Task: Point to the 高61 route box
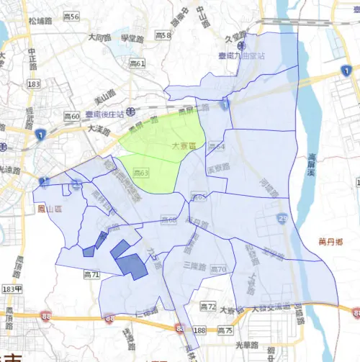click(x=138, y=64)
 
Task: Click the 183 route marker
click(x=32, y=84)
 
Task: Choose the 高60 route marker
click(x=71, y=115)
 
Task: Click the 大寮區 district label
click(x=185, y=146)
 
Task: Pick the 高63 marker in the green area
click(x=141, y=173)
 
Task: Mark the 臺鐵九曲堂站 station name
click(x=243, y=55)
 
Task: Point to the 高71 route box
click(x=91, y=274)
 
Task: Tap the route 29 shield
click(x=282, y=218)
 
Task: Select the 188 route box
click(x=200, y=330)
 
